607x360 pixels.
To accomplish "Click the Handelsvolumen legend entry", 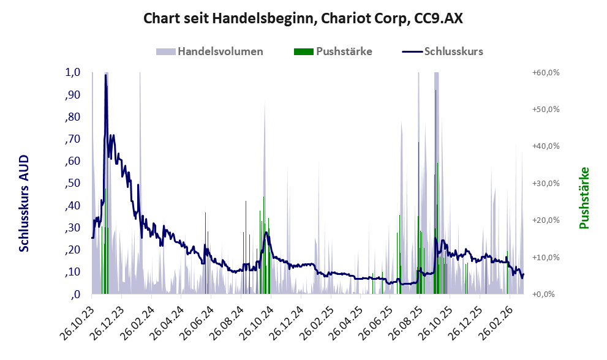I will pos(221,51).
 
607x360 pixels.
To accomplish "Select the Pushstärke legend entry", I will pos(344,51).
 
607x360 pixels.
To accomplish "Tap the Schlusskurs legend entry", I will pos(453,51).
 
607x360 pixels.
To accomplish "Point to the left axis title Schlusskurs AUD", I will pos(24,203).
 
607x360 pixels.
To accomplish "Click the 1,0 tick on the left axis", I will pos(72,72).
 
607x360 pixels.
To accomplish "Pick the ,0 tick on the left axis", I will pos(76,294).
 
